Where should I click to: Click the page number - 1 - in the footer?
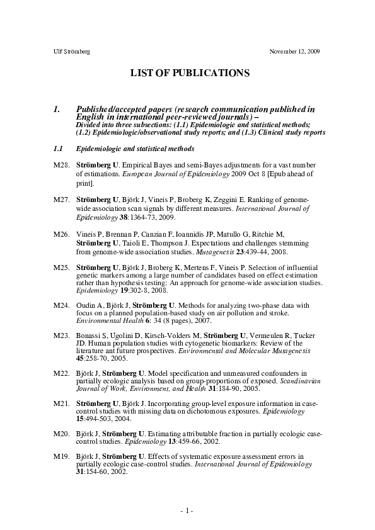click(187, 509)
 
